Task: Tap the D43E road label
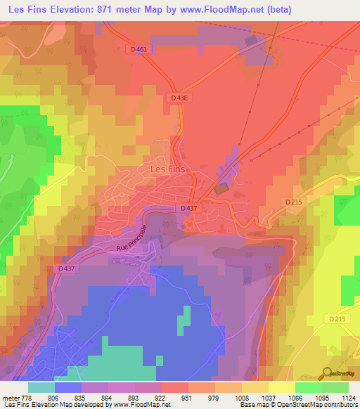click(x=179, y=98)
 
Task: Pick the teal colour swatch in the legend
click(x=41, y=387)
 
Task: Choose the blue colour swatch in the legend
click(x=67, y=387)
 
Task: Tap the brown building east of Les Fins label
click(x=221, y=188)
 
